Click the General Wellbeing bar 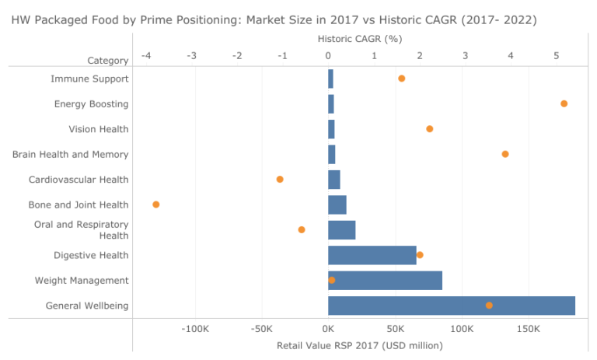[451, 306]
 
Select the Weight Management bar [385, 280]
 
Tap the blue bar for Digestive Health [372, 255]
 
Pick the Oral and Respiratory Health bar [341, 229]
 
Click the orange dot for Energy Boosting [564, 103]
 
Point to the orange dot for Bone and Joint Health [155, 204]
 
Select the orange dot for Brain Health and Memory [504, 154]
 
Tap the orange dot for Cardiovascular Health [280, 180]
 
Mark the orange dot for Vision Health [429, 129]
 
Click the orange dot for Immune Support [401, 79]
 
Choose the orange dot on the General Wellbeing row [489, 306]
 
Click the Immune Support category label [89, 79]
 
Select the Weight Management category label [82, 280]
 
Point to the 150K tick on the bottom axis [528, 330]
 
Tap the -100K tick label [194, 330]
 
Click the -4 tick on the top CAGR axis [146, 56]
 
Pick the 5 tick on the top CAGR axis [556, 56]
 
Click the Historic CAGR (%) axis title [360, 38]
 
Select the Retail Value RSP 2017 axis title [359, 345]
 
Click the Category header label [107, 61]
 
